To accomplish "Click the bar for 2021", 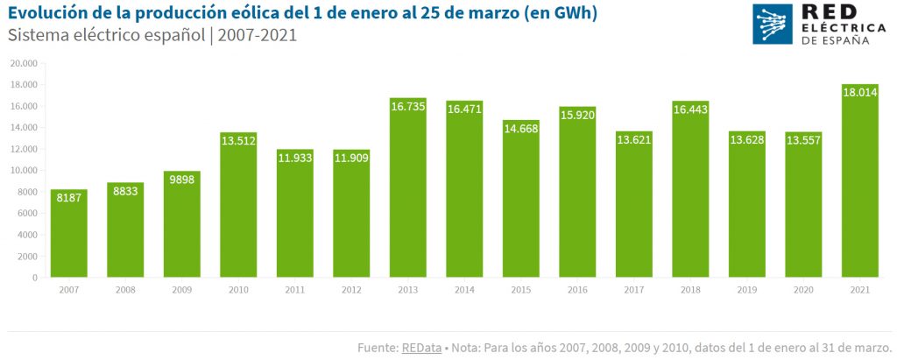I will tap(860, 184).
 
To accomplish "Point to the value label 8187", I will tap(68, 198).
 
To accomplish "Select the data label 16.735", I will tap(408, 107).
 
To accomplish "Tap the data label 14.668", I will tap(521, 129).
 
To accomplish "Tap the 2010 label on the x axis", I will tap(238, 289).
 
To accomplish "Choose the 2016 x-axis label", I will tap(577, 289).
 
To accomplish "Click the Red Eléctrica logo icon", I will tap(773, 24).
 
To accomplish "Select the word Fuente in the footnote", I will tap(377, 348).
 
